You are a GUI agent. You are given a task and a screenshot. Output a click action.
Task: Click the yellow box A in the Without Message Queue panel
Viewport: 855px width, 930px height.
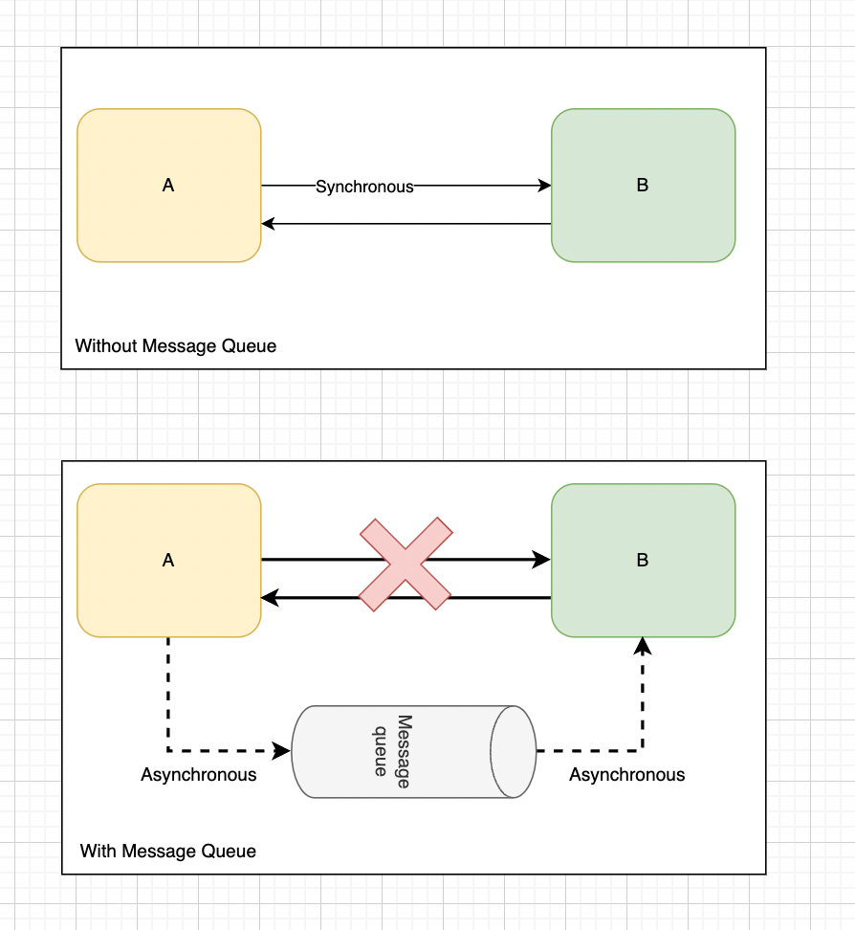tap(168, 186)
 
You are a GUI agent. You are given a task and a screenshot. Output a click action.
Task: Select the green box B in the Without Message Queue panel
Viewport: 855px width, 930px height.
tap(643, 186)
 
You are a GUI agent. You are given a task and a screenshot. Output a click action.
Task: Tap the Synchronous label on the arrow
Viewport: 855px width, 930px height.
tap(364, 187)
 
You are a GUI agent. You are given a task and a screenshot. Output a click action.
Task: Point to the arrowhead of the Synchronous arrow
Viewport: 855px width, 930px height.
tap(545, 186)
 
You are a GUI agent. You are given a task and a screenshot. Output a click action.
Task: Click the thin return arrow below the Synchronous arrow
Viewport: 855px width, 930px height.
tap(406, 224)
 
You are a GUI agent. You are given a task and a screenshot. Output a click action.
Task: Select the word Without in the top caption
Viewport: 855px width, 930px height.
tap(106, 345)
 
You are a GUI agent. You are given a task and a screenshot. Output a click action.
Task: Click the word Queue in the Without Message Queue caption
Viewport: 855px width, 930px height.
tap(251, 345)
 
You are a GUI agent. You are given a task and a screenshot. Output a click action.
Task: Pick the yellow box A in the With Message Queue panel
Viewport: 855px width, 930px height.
tap(168, 561)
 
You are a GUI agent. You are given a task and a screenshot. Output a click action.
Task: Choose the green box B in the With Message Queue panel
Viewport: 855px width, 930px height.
tap(643, 561)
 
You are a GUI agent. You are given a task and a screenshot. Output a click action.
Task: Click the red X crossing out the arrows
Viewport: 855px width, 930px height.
tap(406, 564)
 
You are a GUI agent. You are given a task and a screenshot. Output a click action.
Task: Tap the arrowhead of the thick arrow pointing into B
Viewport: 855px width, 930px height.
tap(543, 560)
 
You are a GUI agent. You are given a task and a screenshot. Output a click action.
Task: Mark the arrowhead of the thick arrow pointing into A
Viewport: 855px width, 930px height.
tap(270, 599)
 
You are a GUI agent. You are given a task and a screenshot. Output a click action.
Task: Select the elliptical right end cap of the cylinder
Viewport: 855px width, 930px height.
tap(513, 752)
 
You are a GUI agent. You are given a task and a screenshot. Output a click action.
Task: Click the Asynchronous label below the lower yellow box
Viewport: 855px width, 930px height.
tap(199, 775)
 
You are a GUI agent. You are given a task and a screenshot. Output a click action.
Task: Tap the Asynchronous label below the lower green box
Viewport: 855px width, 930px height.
tap(627, 775)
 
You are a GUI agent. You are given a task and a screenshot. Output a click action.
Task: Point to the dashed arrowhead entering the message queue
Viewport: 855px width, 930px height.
tap(282, 751)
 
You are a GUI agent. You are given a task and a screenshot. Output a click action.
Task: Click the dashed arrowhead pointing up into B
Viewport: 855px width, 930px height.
tap(643, 647)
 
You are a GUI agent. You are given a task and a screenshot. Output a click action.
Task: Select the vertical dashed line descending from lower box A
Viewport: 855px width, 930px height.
tap(168, 694)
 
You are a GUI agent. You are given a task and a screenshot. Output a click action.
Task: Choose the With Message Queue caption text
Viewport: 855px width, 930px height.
tap(168, 851)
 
